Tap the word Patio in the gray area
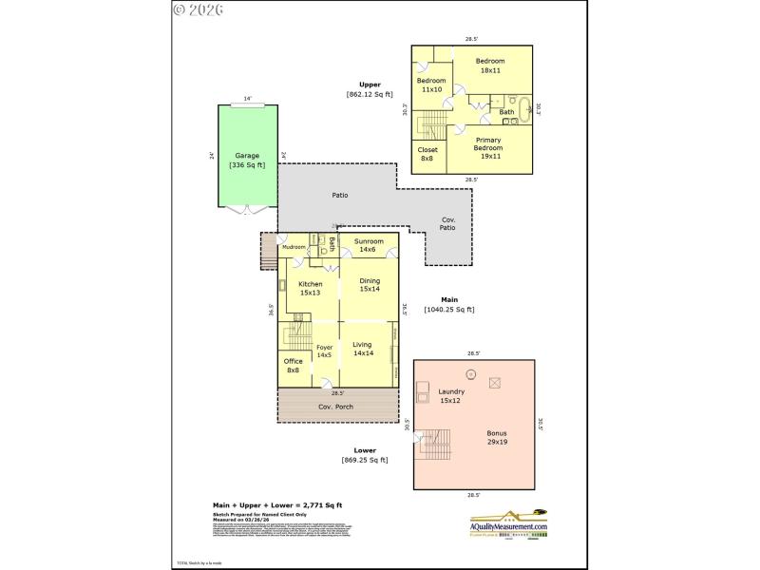point(339,196)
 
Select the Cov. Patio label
point(447,223)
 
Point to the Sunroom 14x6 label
point(369,245)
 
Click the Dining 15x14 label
point(369,284)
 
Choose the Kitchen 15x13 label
point(311,288)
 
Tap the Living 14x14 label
point(362,349)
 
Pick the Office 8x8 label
point(294,365)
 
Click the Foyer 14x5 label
point(324,351)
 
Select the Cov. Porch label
point(337,407)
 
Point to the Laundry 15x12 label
point(450,396)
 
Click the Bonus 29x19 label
point(497,437)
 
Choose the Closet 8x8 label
point(427,153)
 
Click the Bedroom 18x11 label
point(490,66)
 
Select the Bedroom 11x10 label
point(431,85)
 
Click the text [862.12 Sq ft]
point(370,94)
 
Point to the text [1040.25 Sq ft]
point(449,309)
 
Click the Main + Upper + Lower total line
point(275,505)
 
